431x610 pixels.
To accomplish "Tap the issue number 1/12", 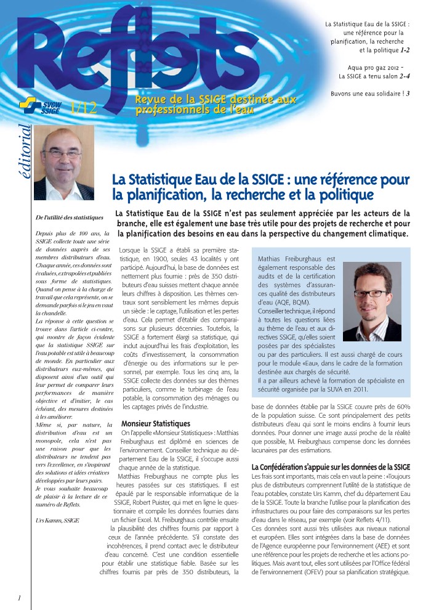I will [84, 108].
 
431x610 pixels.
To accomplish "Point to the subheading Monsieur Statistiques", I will [156, 424].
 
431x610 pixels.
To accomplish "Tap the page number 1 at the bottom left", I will [20, 598].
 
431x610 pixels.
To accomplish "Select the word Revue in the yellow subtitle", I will [149, 99].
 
